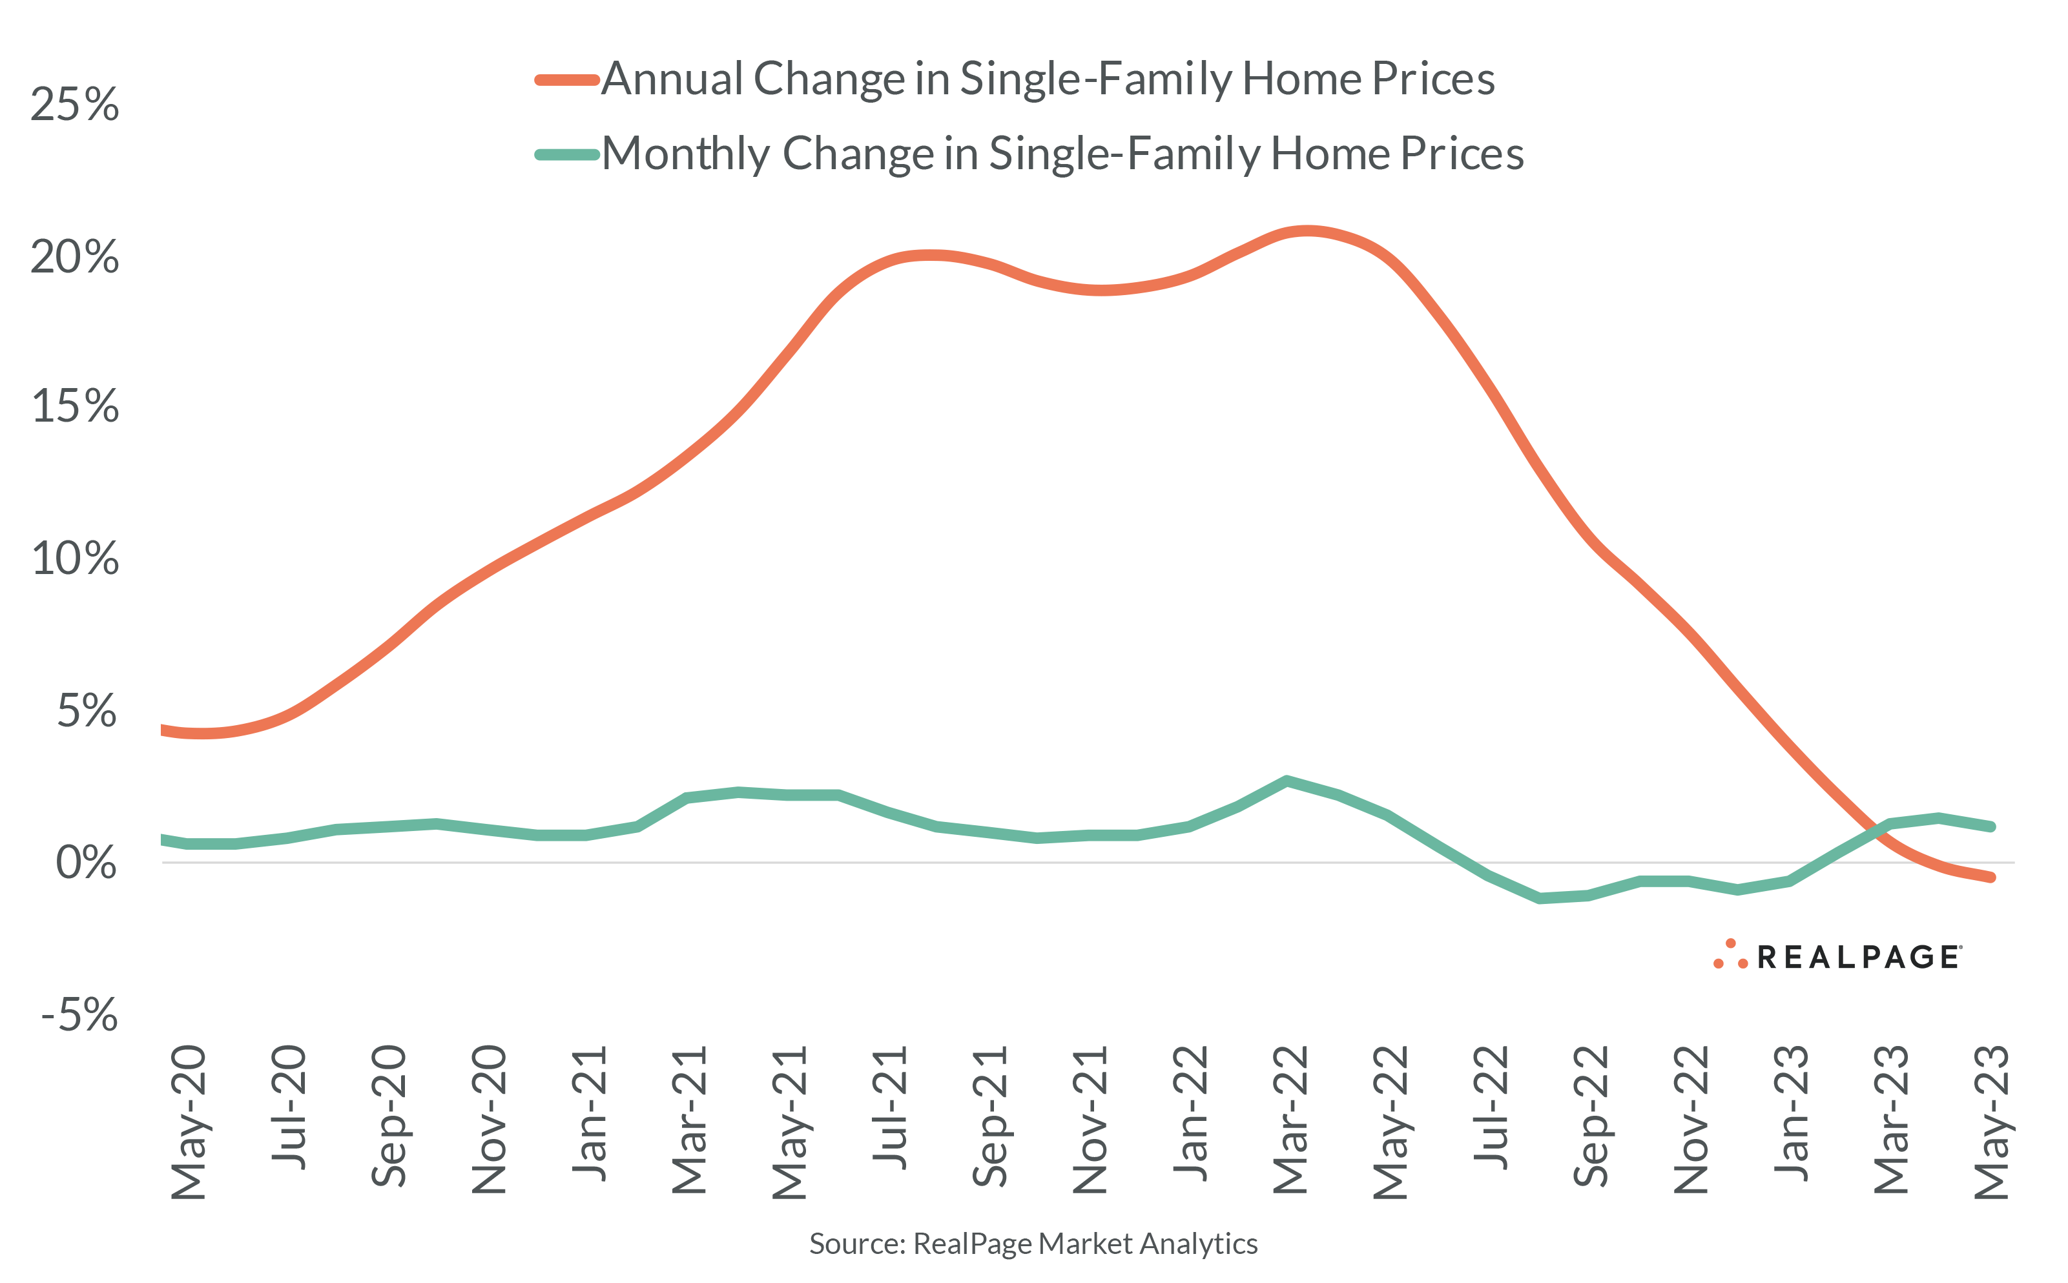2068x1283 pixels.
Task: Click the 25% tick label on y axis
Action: [75, 105]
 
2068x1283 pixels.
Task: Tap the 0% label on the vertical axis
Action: [86, 863]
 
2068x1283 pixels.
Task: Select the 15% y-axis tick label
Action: [75, 406]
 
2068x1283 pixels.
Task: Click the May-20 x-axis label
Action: [189, 1122]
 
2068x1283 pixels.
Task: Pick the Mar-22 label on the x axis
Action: [1290, 1120]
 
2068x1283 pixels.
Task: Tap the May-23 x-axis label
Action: [1990, 1122]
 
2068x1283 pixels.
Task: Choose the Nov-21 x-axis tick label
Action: [1090, 1120]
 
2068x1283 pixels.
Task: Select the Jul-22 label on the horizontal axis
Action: [1490, 1107]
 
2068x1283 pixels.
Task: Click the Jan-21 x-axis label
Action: [589, 1113]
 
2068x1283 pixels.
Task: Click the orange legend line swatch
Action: [567, 81]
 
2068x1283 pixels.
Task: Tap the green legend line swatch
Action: [567, 154]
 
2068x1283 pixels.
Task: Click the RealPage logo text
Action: [1858, 957]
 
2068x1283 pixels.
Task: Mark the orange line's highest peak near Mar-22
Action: [1307, 230]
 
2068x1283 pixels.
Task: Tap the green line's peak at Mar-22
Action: [1287, 781]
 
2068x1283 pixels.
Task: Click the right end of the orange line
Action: [1990, 878]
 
